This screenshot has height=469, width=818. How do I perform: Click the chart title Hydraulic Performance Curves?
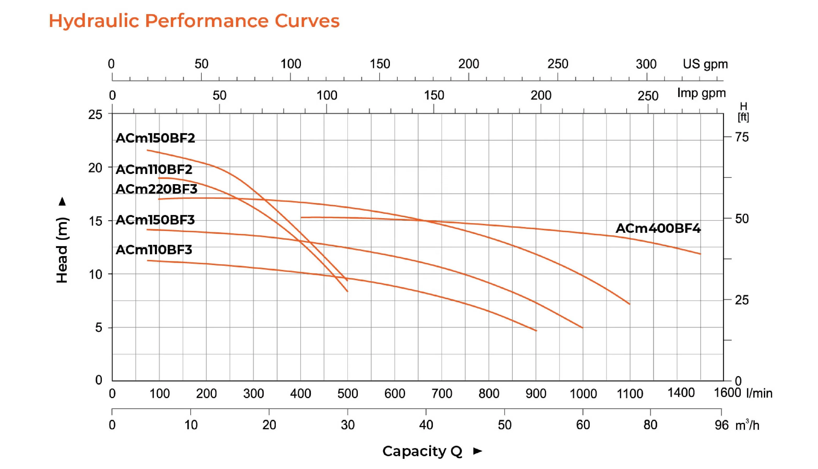click(x=194, y=21)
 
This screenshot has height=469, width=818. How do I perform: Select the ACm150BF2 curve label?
click(x=155, y=138)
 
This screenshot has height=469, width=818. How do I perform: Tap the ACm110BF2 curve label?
click(x=154, y=169)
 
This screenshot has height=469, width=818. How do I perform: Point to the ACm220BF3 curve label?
click(x=156, y=189)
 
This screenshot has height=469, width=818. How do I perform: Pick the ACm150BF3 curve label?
click(x=155, y=220)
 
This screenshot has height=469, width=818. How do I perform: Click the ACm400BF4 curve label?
click(x=658, y=228)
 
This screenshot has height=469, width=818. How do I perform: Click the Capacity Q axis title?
click(x=422, y=451)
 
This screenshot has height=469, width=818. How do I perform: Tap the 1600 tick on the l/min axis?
click(x=727, y=393)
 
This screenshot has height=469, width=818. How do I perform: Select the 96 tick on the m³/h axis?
click(x=721, y=425)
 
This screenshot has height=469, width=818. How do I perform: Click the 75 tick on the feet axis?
click(x=742, y=138)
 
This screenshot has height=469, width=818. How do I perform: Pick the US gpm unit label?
click(x=705, y=64)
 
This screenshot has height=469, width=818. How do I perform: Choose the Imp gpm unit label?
click(x=701, y=93)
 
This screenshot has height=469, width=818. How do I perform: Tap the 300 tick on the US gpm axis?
click(x=646, y=64)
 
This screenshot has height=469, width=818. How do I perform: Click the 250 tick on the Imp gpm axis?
click(x=648, y=96)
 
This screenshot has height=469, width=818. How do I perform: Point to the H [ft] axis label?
click(x=743, y=111)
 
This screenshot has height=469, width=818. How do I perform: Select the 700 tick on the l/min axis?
click(x=442, y=394)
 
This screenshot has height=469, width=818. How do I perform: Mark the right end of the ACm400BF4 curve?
click(x=700, y=254)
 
